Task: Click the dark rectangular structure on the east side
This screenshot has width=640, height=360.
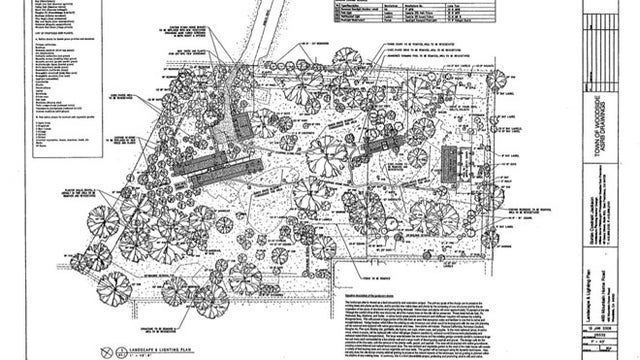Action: coord(449,165)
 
